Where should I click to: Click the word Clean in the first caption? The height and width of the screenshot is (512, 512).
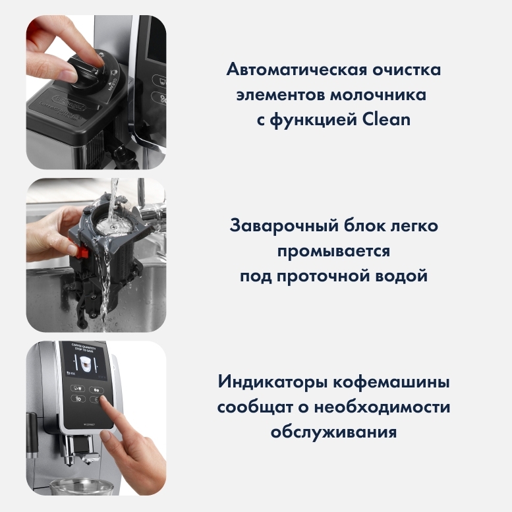click(x=386, y=119)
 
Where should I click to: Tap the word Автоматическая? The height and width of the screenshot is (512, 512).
click(x=297, y=70)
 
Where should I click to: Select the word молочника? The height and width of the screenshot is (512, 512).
click(x=378, y=95)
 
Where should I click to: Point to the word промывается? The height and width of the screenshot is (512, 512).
click(x=333, y=251)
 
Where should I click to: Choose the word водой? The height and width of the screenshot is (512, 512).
click(x=401, y=276)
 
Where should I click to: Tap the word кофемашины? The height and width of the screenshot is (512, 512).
click(x=391, y=382)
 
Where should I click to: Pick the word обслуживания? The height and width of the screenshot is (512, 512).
click(x=333, y=432)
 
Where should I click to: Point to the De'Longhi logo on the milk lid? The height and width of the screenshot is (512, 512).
click(x=69, y=102)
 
